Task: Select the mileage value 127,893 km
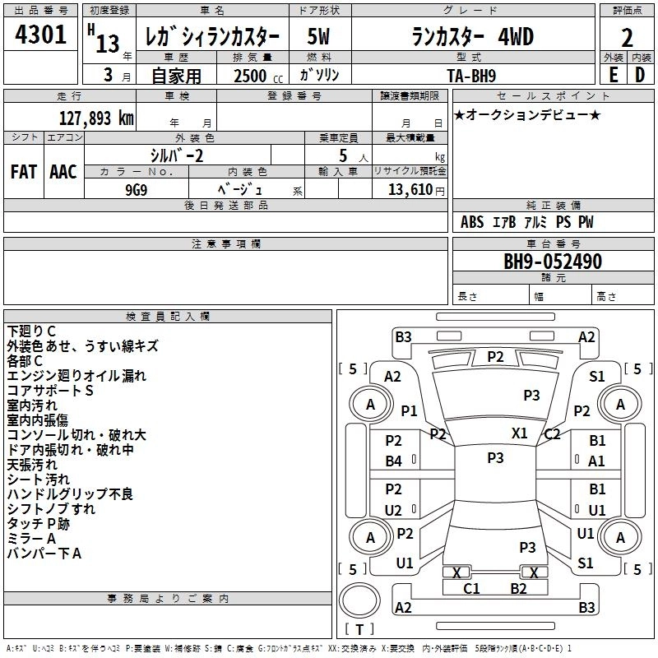[95, 118]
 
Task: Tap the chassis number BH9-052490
[552, 262]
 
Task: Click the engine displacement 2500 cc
[249, 76]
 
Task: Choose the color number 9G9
[136, 188]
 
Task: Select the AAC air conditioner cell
[63, 172]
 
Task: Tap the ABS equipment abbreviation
[472, 222]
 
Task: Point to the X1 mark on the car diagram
[519, 433]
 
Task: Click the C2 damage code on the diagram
[552, 434]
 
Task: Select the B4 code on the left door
[394, 461]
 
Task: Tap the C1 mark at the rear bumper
[471, 588]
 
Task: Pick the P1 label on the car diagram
[409, 410]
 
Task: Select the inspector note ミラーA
[31, 539]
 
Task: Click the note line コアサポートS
[49, 391]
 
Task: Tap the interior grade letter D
[639, 75]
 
